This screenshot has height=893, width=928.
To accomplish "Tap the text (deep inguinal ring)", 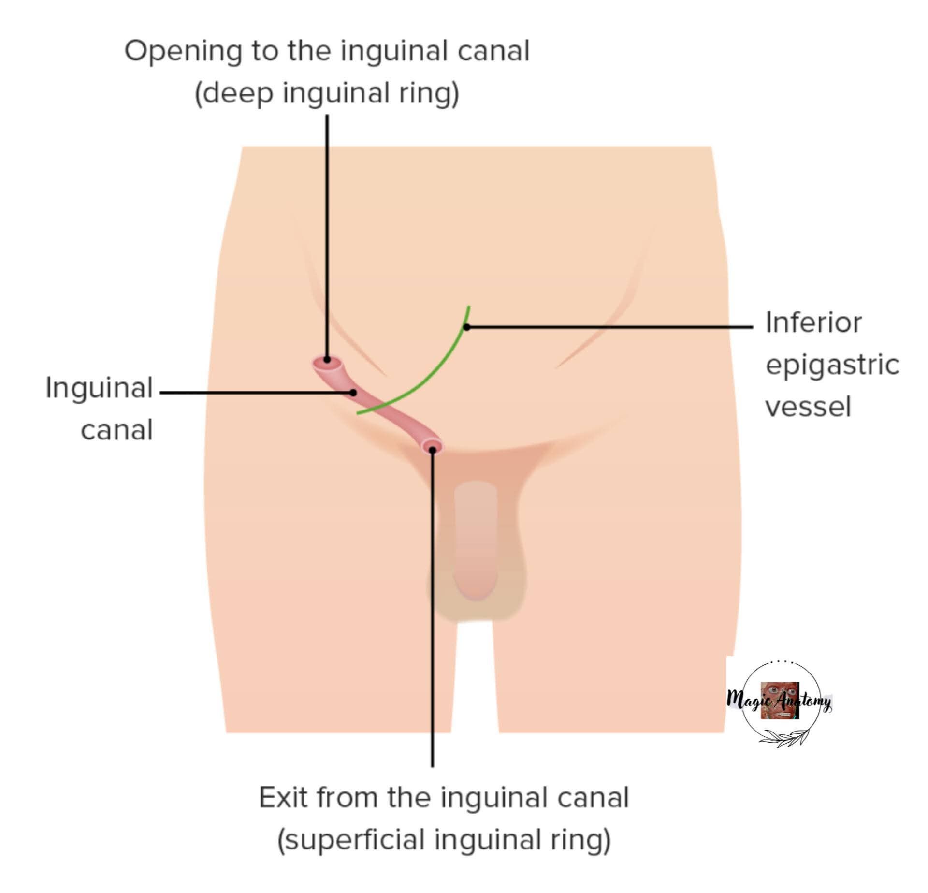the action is pos(327,93).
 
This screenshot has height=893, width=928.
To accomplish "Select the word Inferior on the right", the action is pos(813,322).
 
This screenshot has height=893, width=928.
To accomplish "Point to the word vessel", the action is pos(808,407).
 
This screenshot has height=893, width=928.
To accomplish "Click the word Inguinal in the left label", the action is pos(99,388).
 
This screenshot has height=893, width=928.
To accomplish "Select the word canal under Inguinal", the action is pos(117,430).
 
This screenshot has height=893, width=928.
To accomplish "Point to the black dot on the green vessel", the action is pos(467,327).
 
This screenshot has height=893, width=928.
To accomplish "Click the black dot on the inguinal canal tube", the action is pos(353,393).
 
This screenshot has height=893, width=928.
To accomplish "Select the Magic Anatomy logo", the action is pos(780,702).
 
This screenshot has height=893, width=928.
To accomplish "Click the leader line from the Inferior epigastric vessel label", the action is pos(610,327).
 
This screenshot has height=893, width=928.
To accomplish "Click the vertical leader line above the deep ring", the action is pos(327,237).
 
